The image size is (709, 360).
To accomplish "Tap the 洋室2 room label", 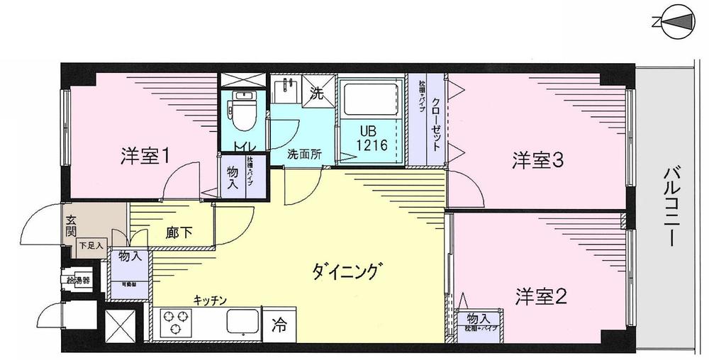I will [541, 296].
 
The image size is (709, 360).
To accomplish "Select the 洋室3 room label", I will [538, 162].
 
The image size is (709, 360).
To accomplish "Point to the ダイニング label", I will [347, 271].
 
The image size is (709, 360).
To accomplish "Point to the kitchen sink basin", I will [240, 325].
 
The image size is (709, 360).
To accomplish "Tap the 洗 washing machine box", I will [318, 93].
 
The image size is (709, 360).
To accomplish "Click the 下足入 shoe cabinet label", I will [90, 246].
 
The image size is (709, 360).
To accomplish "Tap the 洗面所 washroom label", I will [304, 154].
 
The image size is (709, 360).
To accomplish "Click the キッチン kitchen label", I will [210, 300].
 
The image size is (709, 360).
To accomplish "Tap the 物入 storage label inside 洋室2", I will [478, 319].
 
